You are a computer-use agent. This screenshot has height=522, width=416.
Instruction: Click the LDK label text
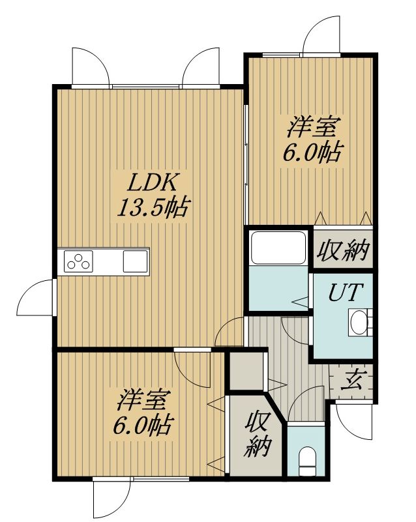click(x=153, y=182)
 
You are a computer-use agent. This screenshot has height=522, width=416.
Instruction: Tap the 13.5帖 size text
click(x=153, y=208)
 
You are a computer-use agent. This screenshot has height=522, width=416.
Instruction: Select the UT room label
click(x=344, y=292)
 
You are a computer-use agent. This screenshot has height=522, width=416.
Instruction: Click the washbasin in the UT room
click(x=359, y=322)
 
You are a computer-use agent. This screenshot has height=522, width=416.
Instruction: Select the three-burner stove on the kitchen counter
click(x=78, y=261)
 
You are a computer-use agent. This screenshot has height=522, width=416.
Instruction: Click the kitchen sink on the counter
click(x=135, y=261)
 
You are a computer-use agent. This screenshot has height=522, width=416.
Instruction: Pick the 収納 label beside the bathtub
click(x=343, y=250)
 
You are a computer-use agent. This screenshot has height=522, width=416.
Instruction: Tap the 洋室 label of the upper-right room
click(x=312, y=126)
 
